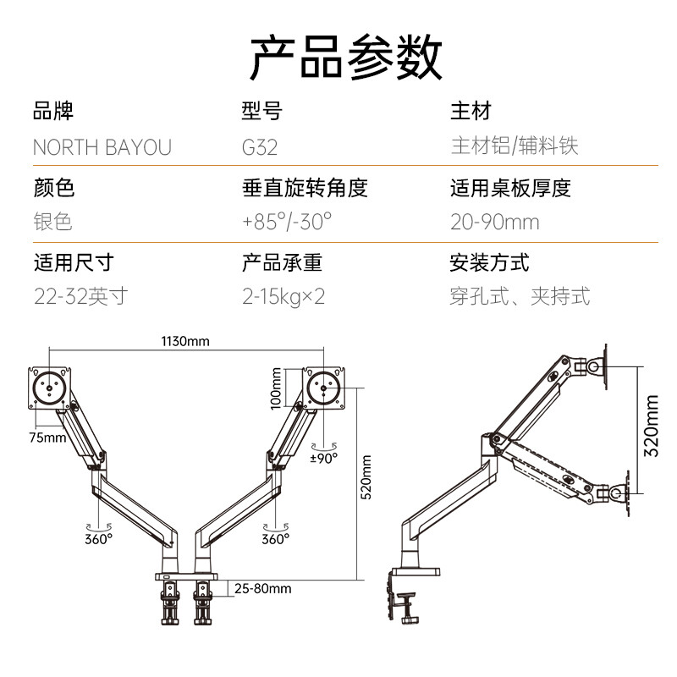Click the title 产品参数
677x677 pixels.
pos(346,57)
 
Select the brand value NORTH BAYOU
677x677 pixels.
pos(102,147)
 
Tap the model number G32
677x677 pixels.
pos(260,147)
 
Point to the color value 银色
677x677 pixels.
pos(52,222)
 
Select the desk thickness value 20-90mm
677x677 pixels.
pos(494,222)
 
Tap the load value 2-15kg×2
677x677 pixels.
pos(283,296)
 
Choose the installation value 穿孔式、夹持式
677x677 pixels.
pos(520,296)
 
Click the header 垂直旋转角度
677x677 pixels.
pos(305,187)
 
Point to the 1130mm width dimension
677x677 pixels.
pos(185,342)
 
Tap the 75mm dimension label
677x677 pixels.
pos(47,438)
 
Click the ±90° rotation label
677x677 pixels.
pos(323,457)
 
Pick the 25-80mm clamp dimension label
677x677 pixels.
pos(262,588)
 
